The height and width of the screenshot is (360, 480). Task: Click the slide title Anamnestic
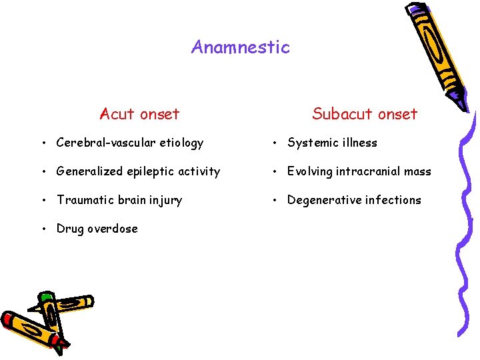pos(240,47)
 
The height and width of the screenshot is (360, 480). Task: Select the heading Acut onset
pos(139,114)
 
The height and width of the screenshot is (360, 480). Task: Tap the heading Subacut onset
pos(364,114)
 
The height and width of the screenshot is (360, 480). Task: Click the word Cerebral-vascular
pos(103,143)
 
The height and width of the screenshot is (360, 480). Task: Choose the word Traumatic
pos(83,200)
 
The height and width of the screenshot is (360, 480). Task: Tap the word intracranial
pos(367,171)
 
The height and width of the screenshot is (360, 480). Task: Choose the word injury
pos(167,200)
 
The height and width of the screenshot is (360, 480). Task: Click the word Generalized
pos(86,172)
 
